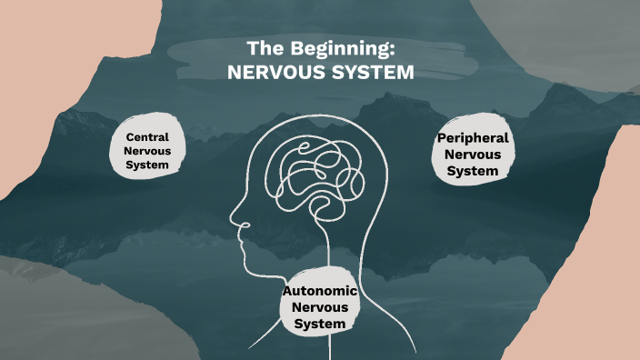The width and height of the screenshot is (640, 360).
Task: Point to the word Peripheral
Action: point(473,137)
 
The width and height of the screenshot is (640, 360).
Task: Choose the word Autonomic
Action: point(320,291)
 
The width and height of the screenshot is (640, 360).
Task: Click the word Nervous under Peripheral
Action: point(473,154)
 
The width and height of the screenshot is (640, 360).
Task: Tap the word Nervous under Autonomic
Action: point(320,307)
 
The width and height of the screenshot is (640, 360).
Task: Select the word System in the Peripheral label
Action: point(473,170)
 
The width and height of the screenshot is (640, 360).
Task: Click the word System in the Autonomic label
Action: point(320,324)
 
